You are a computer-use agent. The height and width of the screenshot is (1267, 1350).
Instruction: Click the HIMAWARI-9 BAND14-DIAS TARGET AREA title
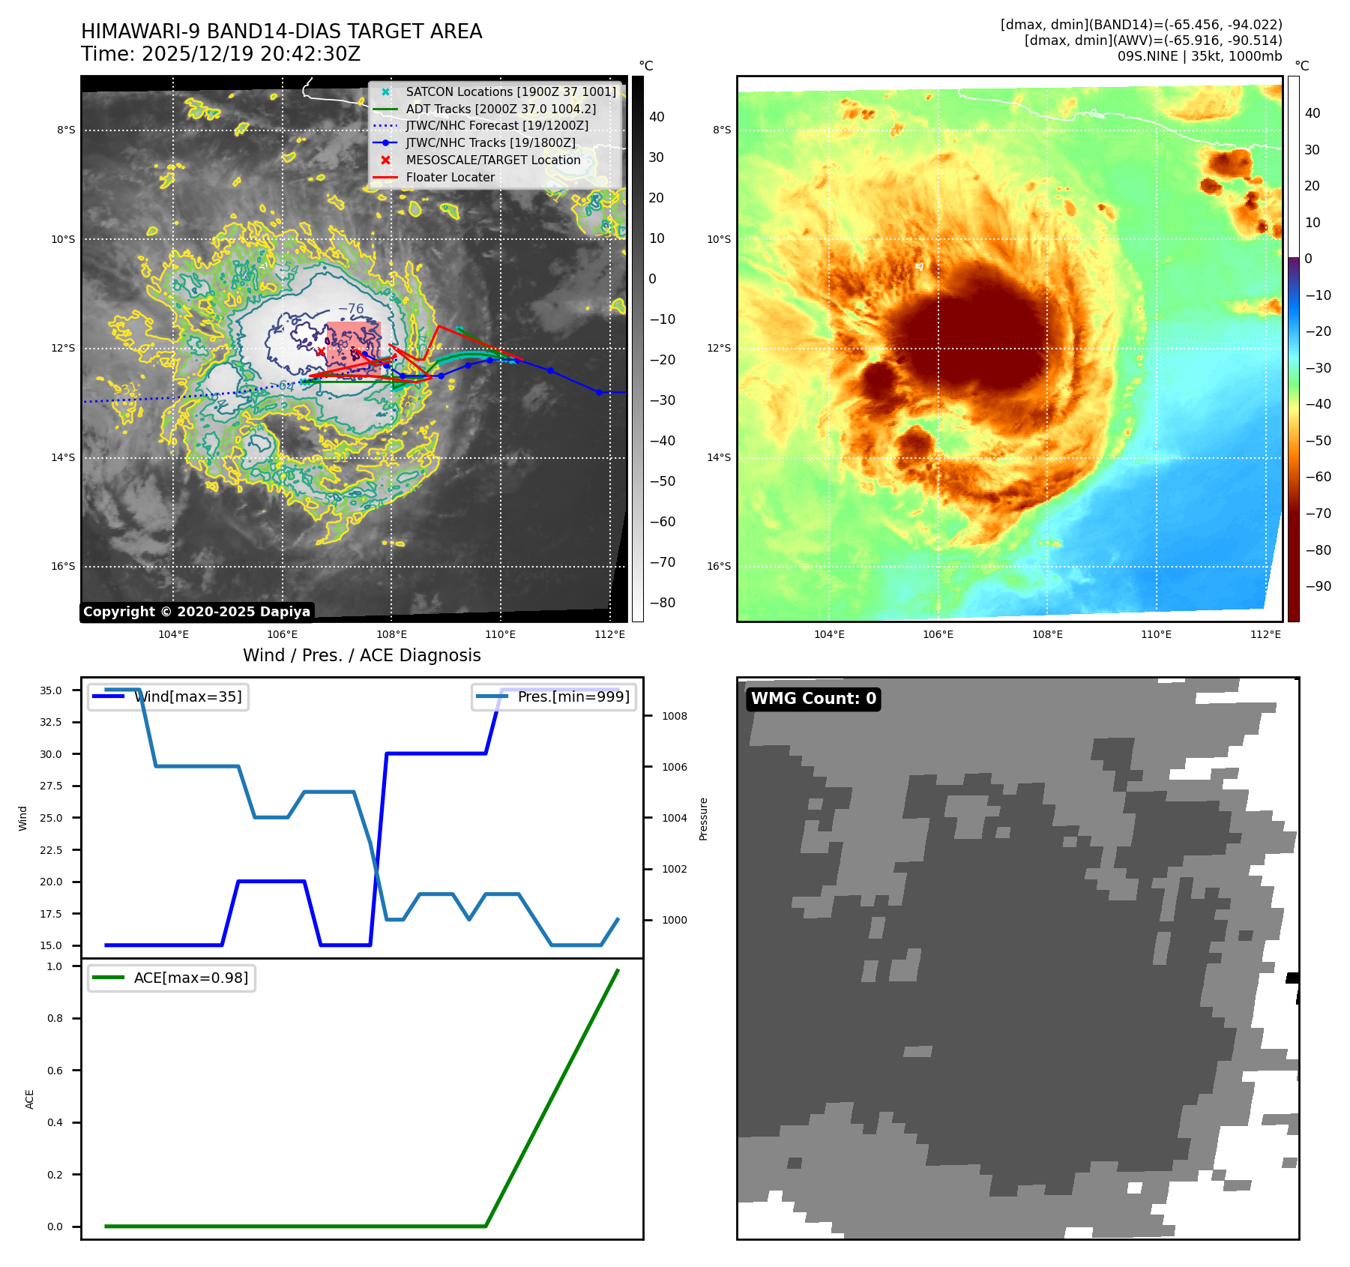click(x=281, y=31)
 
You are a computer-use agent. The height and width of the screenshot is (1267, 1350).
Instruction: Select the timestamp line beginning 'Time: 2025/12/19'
click(x=220, y=54)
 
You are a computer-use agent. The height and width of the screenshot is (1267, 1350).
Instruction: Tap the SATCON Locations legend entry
click(x=510, y=91)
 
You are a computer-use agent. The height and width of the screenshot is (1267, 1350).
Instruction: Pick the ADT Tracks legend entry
click(x=501, y=109)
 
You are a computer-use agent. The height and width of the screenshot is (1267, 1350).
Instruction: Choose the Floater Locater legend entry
click(x=450, y=177)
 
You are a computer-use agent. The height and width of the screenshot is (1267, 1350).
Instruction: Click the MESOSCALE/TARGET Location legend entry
click(x=492, y=160)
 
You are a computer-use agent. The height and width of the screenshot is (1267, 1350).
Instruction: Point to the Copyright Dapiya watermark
click(x=196, y=612)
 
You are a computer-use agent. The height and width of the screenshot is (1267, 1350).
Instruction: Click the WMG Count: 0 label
click(x=813, y=699)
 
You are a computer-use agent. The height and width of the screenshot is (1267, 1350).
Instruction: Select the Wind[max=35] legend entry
click(x=187, y=696)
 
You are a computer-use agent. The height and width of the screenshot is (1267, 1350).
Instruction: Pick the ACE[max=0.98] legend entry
click(x=190, y=978)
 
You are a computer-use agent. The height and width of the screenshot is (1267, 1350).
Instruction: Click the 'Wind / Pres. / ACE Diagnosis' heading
click(x=361, y=655)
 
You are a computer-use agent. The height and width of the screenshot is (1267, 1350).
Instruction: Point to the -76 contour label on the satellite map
click(x=350, y=309)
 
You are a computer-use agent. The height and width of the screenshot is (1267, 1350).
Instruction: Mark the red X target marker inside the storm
click(x=321, y=352)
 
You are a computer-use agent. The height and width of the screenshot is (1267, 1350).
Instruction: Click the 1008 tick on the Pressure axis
click(x=674, y=716)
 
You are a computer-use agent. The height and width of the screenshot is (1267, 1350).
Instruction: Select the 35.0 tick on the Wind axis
click(x=51, y=690)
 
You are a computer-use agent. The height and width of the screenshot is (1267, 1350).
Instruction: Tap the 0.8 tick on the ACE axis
click(x=55, y=1018)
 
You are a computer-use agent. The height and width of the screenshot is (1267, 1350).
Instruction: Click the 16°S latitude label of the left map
click(x=63, y=566)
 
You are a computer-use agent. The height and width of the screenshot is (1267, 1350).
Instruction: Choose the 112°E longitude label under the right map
click(x=1265, y=634)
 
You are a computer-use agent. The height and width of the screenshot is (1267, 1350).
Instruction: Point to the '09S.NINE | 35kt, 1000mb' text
click(x=1199, y=56)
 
